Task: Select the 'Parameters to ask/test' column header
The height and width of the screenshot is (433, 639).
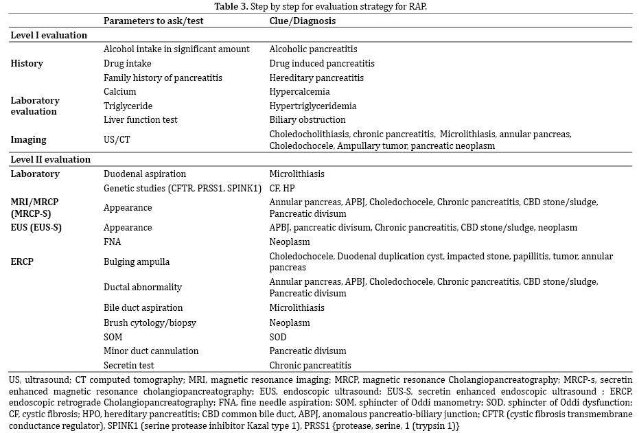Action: pyautogui.click(x=153, y=21)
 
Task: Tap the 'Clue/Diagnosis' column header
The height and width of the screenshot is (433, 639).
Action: pyautogui.click(x=303, y=21)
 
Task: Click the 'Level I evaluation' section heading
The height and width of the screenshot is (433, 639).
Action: pyautogui.click(x=49, y=35)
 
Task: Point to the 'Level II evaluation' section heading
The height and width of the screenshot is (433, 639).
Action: pyautogui.click(x=50, y=159)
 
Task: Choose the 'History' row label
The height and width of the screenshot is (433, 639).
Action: pyautogui.click(x=27, y=63)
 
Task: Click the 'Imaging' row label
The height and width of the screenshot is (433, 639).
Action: pyautogui.click(x=28, y=139)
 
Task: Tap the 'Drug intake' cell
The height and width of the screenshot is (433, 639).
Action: pyautogui.click(x=127, y=63)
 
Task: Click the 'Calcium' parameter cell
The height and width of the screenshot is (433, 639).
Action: pyautogui.click(x=119, y=91)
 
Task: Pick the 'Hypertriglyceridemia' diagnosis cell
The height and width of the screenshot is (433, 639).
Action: pyautogui.click(x=312, y=106)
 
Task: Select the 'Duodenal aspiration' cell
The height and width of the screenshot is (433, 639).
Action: pyautogui.click(x=144, y=174)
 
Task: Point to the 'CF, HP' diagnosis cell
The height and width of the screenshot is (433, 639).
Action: pyautogui.click(x=282, y=187)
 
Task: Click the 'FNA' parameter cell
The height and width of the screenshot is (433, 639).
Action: pyautogui.click(x=112, y=242)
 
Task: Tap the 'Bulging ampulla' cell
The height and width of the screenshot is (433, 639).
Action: pyautogui.click(x=136, y=261)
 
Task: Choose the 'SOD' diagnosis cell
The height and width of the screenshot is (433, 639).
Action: pyautogui.click(x=278, y=337)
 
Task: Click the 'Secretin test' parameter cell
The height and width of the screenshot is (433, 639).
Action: pyautogui.click(x=129, y=365)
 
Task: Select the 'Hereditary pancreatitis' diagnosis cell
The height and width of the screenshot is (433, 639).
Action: pyautogui.click(x=316, y=78)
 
